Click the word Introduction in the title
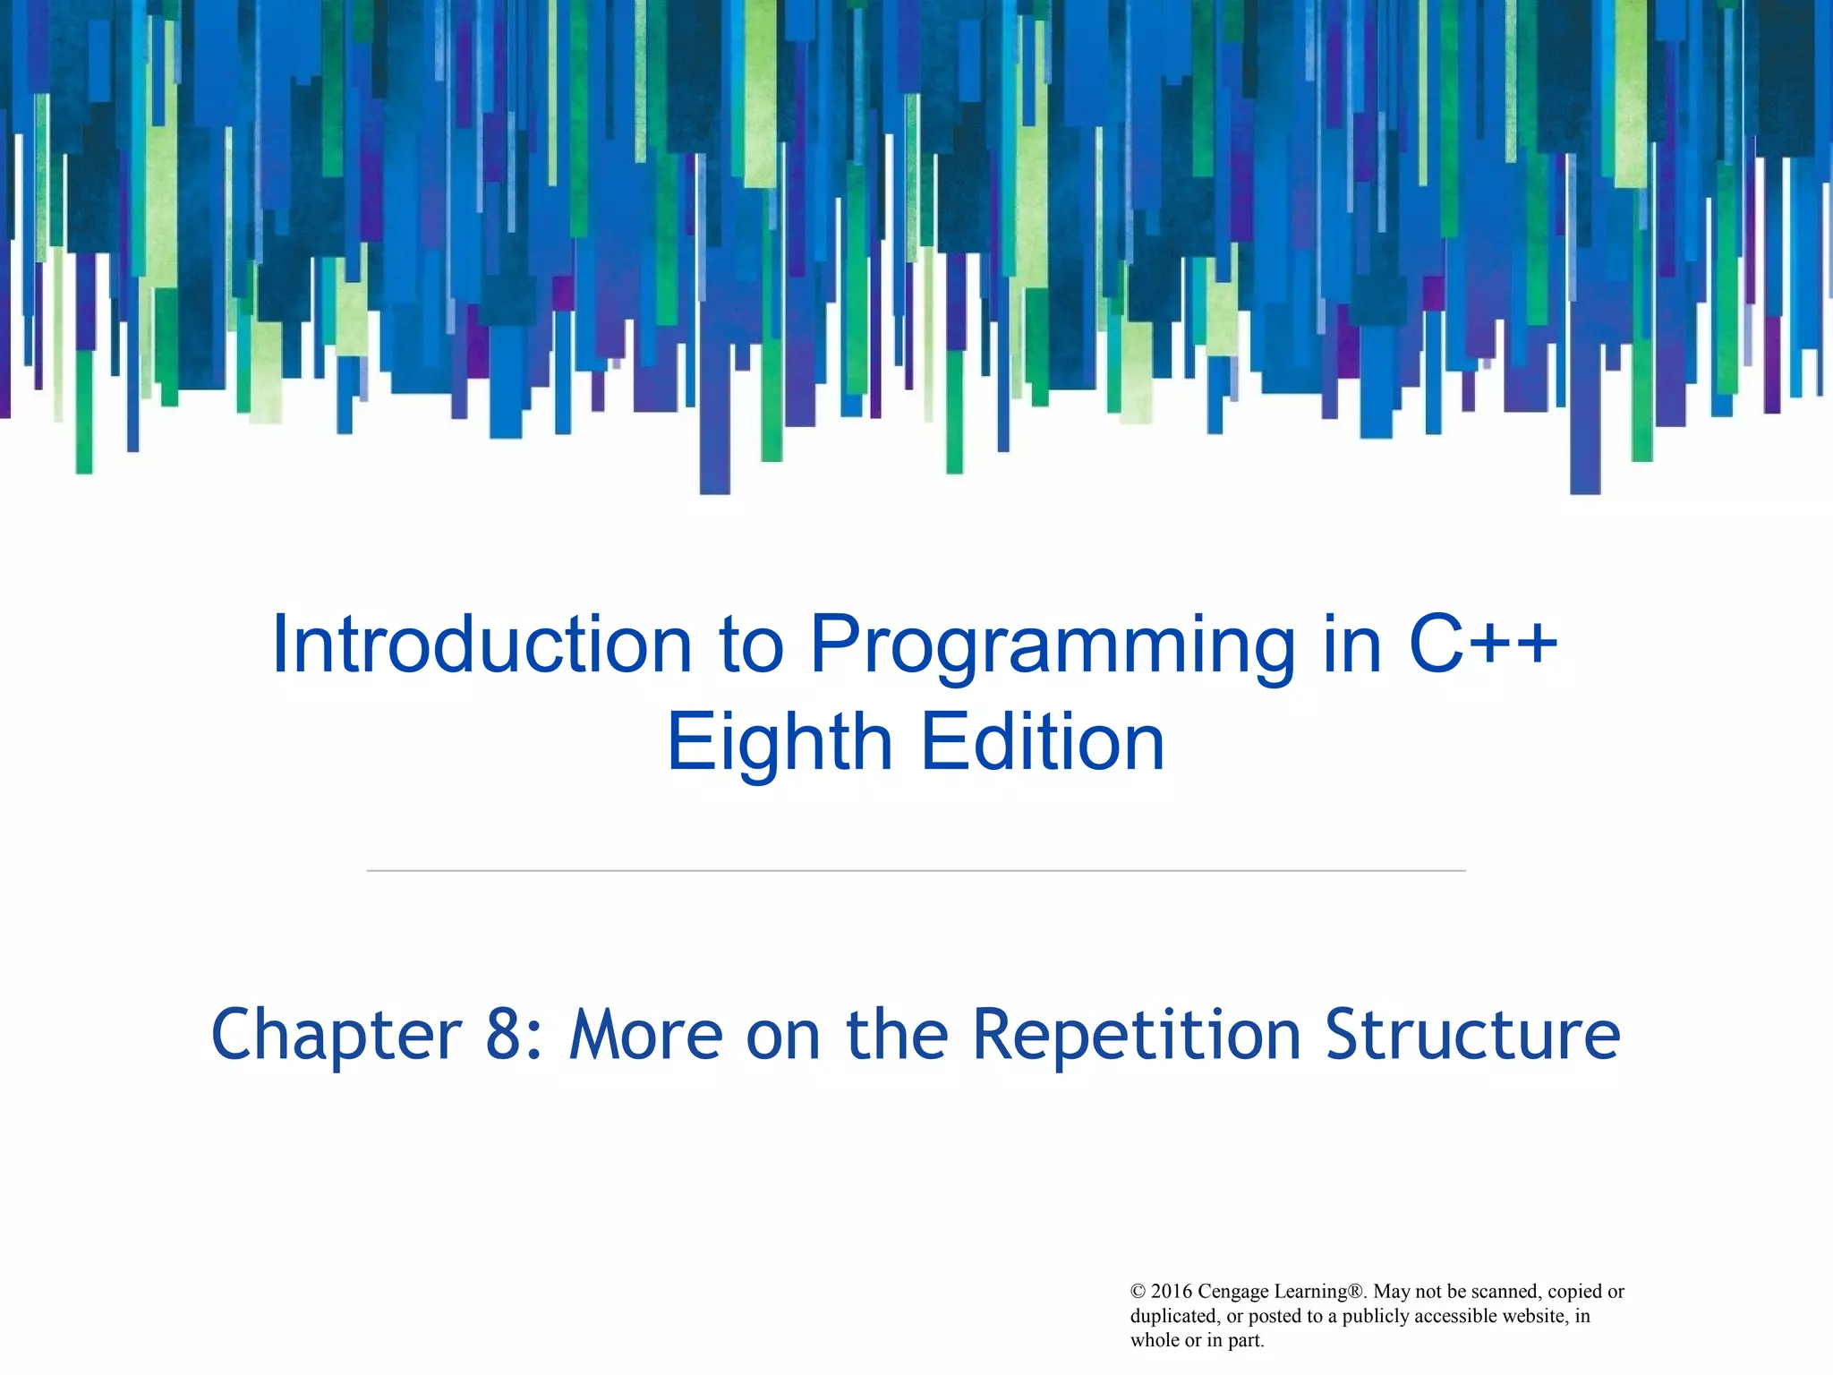pyautogui.click(x=482, y=645)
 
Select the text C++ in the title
pyautogui.click(x=1483, y=645)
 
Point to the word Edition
pyautogui.click(x=1043, y=743)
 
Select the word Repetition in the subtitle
pyautogui.click(x=1137, y=1035)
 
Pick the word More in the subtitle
pyautogui.click(x=646, y=1035)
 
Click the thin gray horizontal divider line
pyautogui.click(x=916, y=870)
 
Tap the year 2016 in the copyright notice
pyautogui.click(x=1172, y=1292)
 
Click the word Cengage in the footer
pyautogui.click(x=1232, y=1292)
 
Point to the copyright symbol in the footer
pyautogui.click(x=1138, y=1292)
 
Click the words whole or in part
pyautogui.click(x=1197, y=1340)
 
